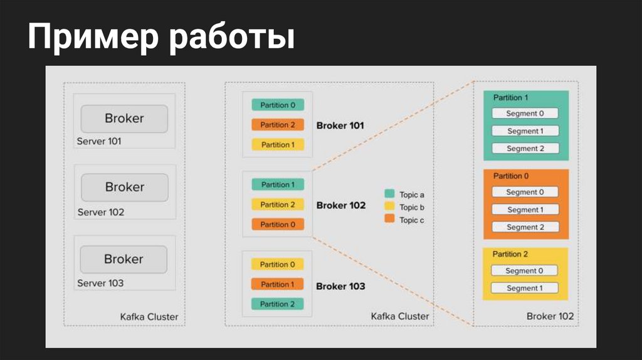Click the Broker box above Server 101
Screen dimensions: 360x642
pyautogui.click(x=124, y=119)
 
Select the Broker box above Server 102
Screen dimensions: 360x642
pyautogui.click(x=124, y=187)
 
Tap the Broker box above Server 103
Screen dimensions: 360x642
pyautogui.click(x=124, y=259)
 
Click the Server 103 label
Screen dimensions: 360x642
pyautogui.click(x=100, y=283)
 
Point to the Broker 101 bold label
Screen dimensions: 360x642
pyautogui.click(x=340, y=125)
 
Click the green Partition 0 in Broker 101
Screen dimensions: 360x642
pyautogui.click(x=278, y=105)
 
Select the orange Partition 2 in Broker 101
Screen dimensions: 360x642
pyautogui.click(x=278, y=125)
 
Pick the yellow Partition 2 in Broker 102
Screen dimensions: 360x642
pyautogui.click(x=278, y=204)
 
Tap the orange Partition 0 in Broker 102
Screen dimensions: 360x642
pyautogui.click(x=278, y=224)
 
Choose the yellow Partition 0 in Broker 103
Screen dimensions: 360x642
pyautogui.click(x=278, y=264)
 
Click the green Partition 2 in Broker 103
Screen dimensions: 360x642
pyautogui.click(x=278, y=304)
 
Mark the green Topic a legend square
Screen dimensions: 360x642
pyautogui.click(x=389, y=194)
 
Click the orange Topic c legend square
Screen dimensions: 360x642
pyautogui.click(x=389, y=219)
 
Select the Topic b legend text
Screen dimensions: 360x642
pyautogui.click(x=412, y=207)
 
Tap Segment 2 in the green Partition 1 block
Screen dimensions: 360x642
pyautogui.click(x=525, y=149)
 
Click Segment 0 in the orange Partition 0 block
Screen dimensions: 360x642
pyautogui.click(x=525, y=192)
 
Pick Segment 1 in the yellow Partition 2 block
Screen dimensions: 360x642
pyautogui.click(x=525, y=288)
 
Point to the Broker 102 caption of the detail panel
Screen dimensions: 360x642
pyautogui.click(x=550, y=316)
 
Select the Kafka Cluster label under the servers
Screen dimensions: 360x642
pyautogui.click(x=149, y=317)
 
